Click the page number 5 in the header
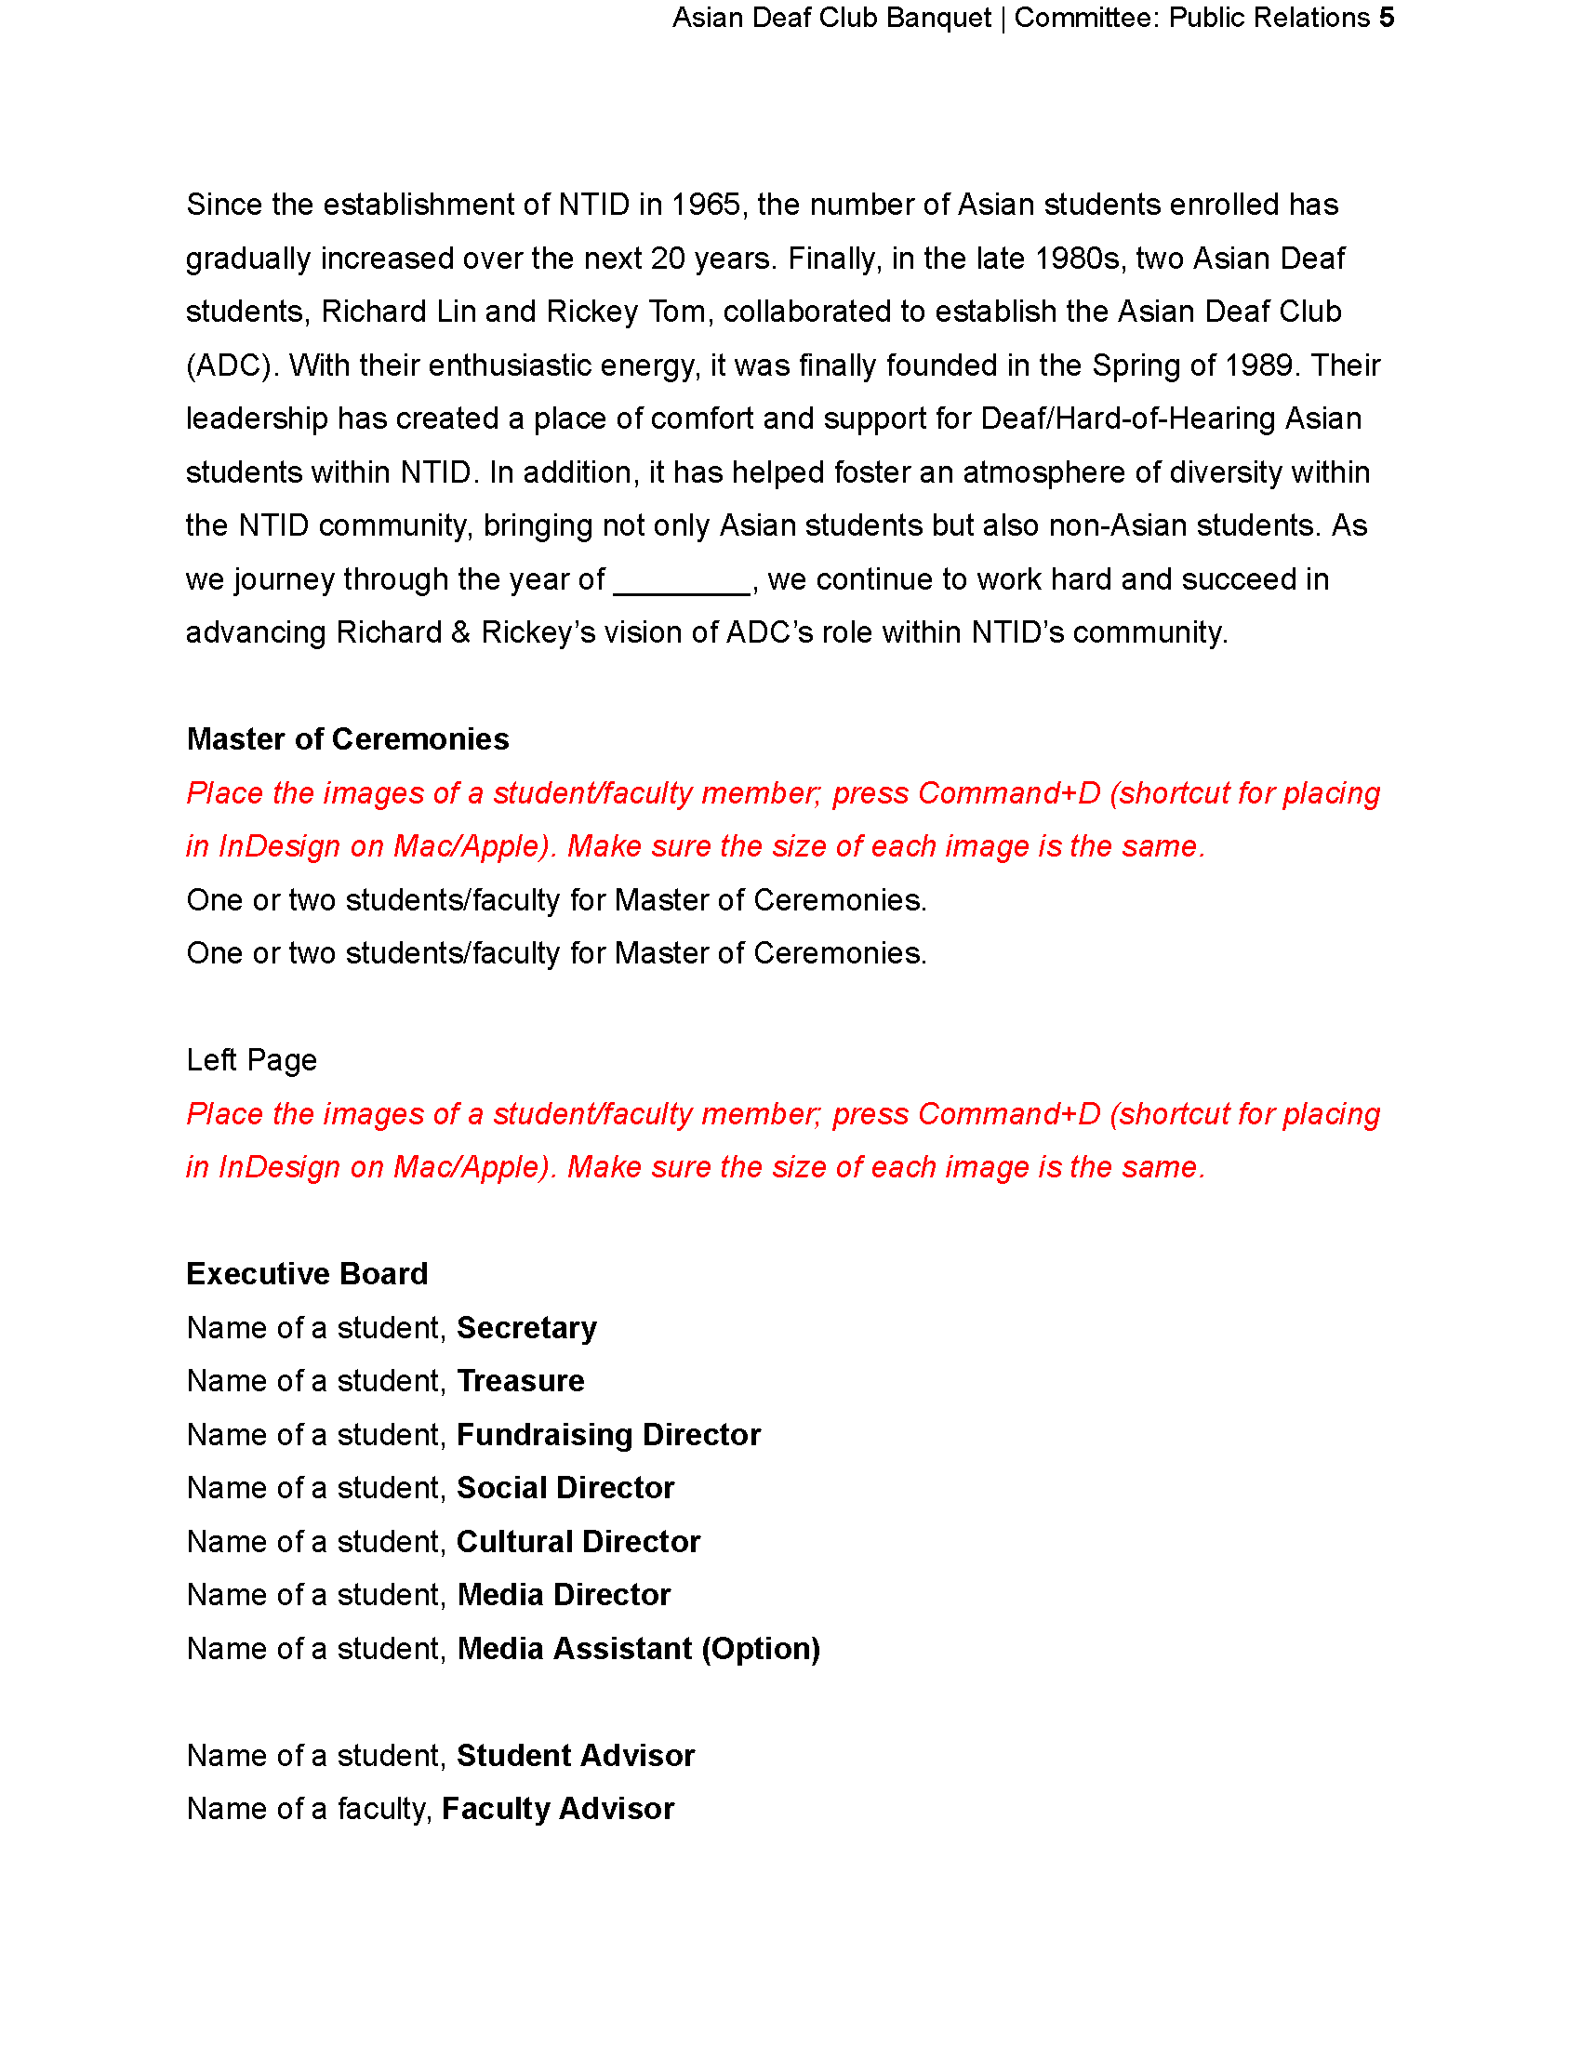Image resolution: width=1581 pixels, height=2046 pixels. [1387, 18]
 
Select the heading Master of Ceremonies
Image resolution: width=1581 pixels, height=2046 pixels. [348, 739]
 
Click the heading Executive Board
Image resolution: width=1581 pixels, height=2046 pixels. [306, 1274]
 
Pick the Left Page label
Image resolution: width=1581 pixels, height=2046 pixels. [251, 1060]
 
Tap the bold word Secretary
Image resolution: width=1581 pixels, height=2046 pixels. [526, 1328]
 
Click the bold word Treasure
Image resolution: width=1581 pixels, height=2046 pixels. [520, 1382]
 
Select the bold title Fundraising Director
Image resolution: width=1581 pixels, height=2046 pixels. [608, 1435]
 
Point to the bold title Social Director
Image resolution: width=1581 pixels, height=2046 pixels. [565, 1489]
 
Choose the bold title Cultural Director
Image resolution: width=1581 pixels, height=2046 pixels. [578, 1542]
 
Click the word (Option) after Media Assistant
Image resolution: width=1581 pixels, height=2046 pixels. [761, 1649]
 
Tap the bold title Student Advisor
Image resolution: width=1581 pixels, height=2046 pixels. [575, 1756]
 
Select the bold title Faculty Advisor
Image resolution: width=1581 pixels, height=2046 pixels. [557, 1809]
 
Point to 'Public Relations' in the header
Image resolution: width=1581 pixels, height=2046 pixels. [1269, 18]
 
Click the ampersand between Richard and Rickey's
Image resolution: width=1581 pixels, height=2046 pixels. [459, 633]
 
